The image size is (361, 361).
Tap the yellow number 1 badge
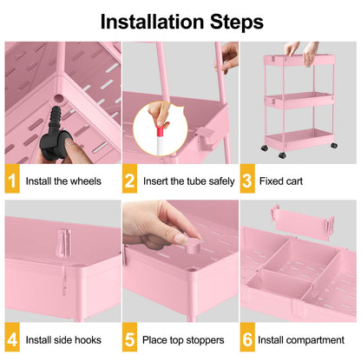pyautogui.click(x=13, y=182)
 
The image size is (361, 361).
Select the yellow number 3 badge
pyautogui.click(x=247, y=182)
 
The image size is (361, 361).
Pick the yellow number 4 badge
pyautogui.click(x=13, y=340)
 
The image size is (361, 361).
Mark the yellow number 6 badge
pyautogui.click(x=247, y=340)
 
